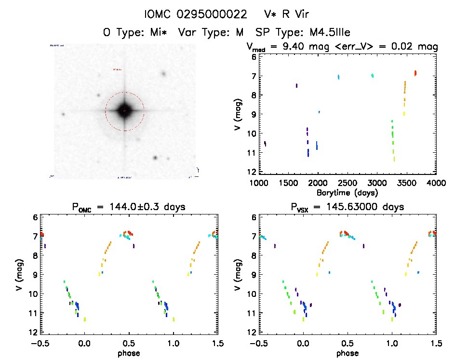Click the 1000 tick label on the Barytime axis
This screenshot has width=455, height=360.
pyautogui.click(x=259, y=183)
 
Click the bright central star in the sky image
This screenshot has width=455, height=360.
pyautogui.click(x=124, y=110)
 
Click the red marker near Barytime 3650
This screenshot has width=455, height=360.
pyautogui.click(x=415, y=73)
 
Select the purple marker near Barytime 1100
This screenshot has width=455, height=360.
pyautogui.click(x=265, y=144)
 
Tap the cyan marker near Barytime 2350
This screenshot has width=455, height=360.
pyautogui.click(x=338, y=77)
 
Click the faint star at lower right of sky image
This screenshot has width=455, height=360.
pyautogui.click(x=155, y=158)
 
